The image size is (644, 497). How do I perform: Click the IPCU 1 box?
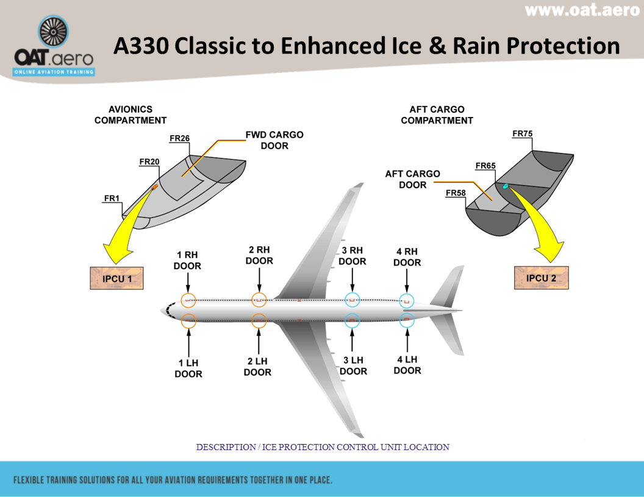pos(116,278)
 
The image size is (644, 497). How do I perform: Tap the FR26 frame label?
pos(179,138)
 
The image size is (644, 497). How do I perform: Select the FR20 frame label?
pos(149,161)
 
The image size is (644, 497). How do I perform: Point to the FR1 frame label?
pos(112,199)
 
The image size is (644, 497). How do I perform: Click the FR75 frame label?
pos(522,133)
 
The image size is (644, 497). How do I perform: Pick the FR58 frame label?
pos(456,193)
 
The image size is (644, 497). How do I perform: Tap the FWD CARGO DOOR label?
pos(274,140)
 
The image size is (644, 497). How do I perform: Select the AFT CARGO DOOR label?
pos(412,179)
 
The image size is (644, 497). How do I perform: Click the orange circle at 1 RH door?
pos(188,300)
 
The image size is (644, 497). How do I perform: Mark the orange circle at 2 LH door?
pos(259,320)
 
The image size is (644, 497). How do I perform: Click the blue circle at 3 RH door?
pos(352,300)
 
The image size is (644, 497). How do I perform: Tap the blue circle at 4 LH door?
pos(407,320)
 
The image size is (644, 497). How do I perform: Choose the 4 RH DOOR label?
pos(407,257)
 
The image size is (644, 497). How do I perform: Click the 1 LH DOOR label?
pos(188,368)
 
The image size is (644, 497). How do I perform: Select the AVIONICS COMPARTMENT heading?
pos(130,115)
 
